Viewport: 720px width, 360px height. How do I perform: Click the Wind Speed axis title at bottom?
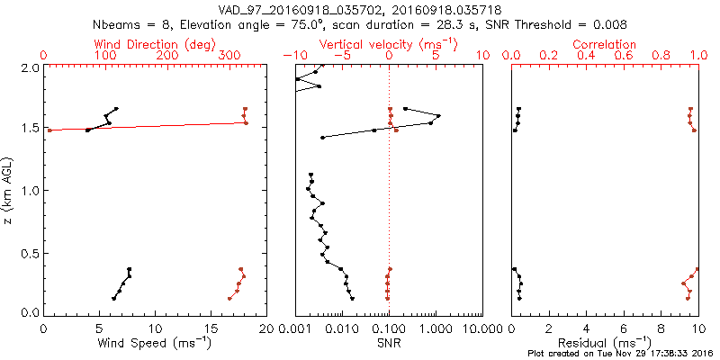pyautogui.click(x=156, y=343)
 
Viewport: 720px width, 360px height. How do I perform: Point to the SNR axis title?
pyautogui.click(x=389, y=343)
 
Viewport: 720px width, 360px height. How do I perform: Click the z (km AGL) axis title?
pyautogui.click(x=10, y=190)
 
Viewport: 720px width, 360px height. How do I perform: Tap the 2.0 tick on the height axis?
pyautogui.click(x=30, y=67)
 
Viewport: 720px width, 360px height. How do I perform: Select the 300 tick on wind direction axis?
pyautogui.click(x=230, y=56)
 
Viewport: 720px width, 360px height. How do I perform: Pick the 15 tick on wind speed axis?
pyautogui.click(x=211, y=327)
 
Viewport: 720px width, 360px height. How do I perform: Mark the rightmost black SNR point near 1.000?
pyautogui.click(x=438, y=115)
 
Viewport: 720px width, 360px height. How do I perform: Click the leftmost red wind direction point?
pyautogui.click(x=49, y=130)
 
